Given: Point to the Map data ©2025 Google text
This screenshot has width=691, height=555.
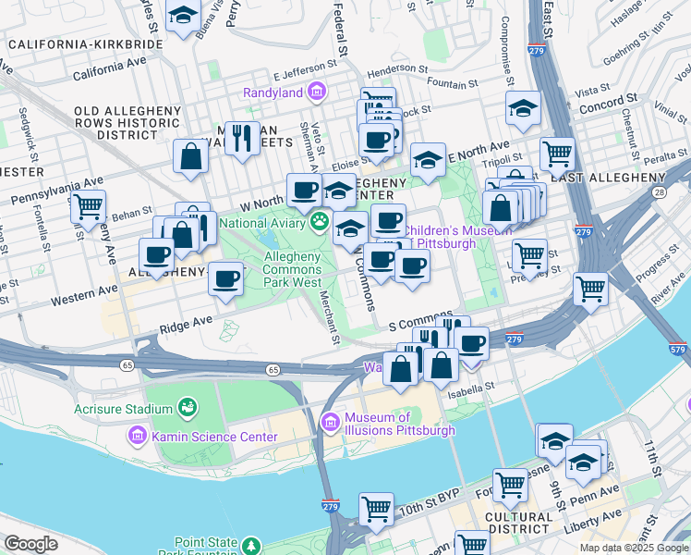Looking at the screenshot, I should [x=634, y=548].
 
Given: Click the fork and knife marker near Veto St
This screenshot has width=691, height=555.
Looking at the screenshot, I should [x=242, y=138].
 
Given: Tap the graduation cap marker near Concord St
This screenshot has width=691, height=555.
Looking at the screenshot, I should [x=523, y=108].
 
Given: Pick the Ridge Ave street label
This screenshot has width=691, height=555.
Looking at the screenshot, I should [x=186, y=326].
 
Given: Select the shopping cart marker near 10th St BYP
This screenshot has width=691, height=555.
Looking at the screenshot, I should [x=376, y=507].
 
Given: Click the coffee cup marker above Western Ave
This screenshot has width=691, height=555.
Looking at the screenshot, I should [x=225, y=277].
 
